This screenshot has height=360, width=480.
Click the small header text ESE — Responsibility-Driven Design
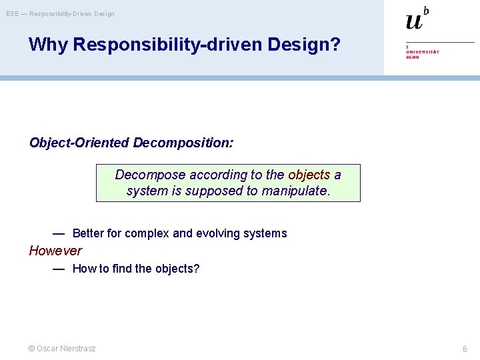(61, 13)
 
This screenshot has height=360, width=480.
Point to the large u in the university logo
(414, 21)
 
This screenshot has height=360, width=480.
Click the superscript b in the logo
(426, 11)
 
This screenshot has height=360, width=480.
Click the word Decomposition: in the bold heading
(183, 143)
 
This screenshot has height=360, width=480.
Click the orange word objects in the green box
(309, 175)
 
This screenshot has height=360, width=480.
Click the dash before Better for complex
(59, 233)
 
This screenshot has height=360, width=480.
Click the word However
(55, 251)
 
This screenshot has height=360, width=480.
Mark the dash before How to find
(59, 269)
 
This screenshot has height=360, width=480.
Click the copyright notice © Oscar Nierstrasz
(61, 349)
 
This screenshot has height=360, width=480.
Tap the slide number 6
(465, 349)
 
